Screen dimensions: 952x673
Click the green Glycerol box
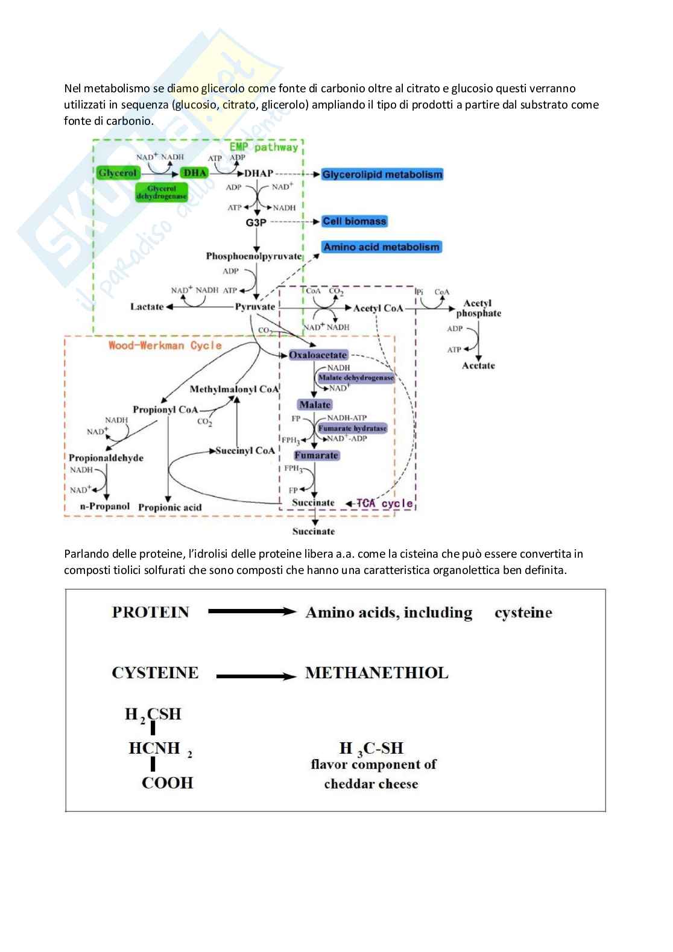coord(118,173)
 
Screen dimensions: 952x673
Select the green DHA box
coord(195,173)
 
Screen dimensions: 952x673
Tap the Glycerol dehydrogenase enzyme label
coord(162,192)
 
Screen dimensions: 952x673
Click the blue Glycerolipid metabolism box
coord(382,175)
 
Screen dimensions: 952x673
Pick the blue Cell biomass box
coord(354,221)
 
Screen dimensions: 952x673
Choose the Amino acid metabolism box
coord(381,247)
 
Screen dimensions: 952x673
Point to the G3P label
coord(256,222)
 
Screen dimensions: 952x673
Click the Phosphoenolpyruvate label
coord(253,256)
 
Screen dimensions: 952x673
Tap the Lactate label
coord(147,307)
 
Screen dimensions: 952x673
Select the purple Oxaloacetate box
coord(318,355)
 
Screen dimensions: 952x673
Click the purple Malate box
coord(314,405)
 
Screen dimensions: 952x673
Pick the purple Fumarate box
coord(317,455)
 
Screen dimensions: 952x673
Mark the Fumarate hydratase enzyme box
coord(353,429)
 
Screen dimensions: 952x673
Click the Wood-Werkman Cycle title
coord(165,345)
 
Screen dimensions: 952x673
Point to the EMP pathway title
coord(264,147)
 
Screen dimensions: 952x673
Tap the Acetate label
coord(478,365)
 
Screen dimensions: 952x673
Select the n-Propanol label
coord(105,506)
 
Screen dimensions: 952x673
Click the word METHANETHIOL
coord(377,673)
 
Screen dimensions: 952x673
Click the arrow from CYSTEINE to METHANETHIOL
coord(256,676)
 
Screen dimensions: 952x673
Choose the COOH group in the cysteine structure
coord(167,783)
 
